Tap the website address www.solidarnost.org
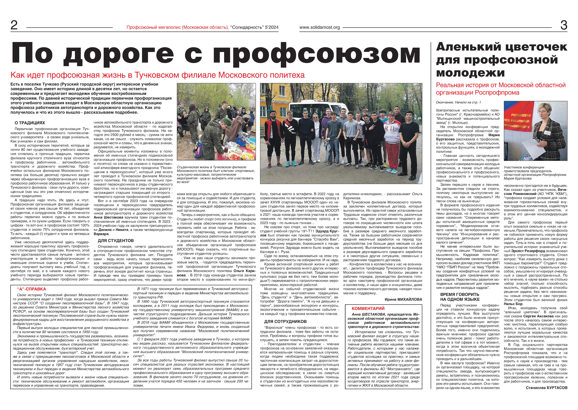tap(319, 27)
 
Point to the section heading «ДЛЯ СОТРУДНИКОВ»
tap(285, 321)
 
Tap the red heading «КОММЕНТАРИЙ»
tap(368, 309)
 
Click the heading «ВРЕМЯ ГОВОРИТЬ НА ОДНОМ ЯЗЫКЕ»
tap(460, 297)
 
